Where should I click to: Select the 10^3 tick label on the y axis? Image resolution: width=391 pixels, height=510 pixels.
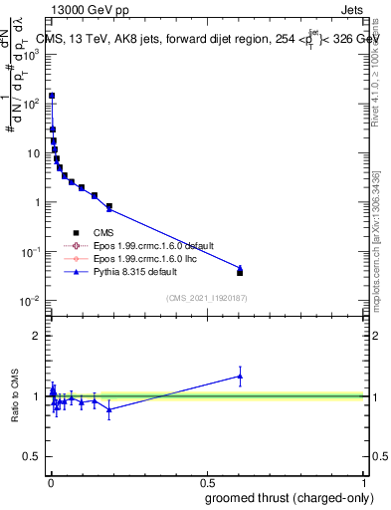click(30, 54)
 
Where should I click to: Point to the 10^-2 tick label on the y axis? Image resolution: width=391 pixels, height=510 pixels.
click(30, 301)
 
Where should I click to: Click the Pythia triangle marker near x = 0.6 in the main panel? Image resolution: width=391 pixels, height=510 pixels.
click(240, 267)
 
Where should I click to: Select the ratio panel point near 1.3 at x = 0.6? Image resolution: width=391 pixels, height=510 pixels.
click(240, 376)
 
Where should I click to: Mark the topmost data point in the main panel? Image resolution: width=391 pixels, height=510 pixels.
click(52, 96)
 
